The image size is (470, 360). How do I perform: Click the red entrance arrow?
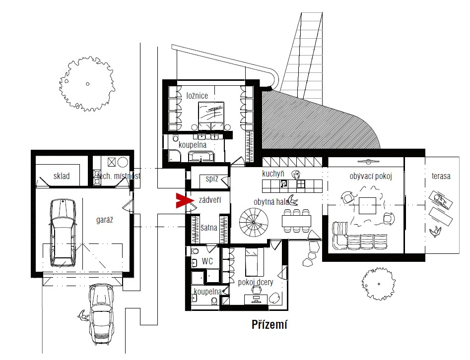click(184, 201)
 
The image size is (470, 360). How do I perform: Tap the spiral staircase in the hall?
click(254, 222)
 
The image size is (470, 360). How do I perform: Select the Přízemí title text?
click(269, 324)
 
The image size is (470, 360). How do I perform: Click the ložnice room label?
click(197, 96)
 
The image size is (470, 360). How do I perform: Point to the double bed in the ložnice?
click(211, 116)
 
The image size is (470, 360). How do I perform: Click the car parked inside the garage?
click(63, 232)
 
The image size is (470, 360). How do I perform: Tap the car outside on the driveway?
click(102, 314)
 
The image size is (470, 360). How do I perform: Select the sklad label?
click(62, 176)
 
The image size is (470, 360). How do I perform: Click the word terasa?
click(441, 176)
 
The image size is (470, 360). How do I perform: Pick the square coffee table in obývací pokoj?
click(367, 205)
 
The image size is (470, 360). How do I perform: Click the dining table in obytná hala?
click(296, 221)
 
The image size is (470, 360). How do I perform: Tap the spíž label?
click(212, 179)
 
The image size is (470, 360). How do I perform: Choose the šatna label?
click(209, 228)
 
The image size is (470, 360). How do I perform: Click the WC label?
click(207, 261)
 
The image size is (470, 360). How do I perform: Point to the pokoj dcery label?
click(256, 283)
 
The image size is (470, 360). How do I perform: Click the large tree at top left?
click(87, 84)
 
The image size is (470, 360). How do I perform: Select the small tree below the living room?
click(379, 284)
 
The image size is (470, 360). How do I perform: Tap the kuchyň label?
click(273, 174)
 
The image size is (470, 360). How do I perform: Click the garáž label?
click(105, 220)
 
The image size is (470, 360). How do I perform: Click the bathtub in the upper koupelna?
click(201, 156)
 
